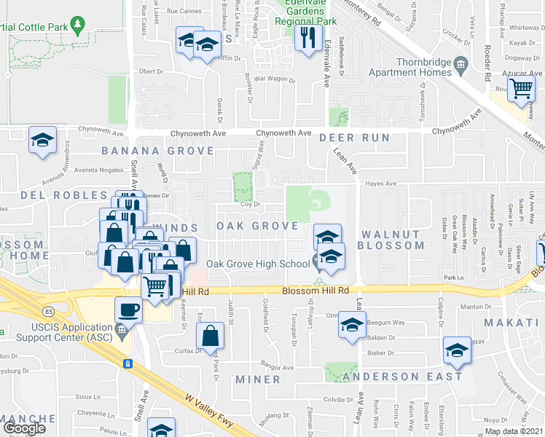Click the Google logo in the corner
point(24,428)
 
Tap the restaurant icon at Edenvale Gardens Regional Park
point(308,36)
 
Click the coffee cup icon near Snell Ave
point(128,310)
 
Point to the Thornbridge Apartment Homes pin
point(460,67)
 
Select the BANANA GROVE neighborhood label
point(157,151)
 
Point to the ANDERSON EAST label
point(403,377)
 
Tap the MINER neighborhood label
point(258,379)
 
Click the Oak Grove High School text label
point(258,264)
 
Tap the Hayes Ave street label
point(380,184)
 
